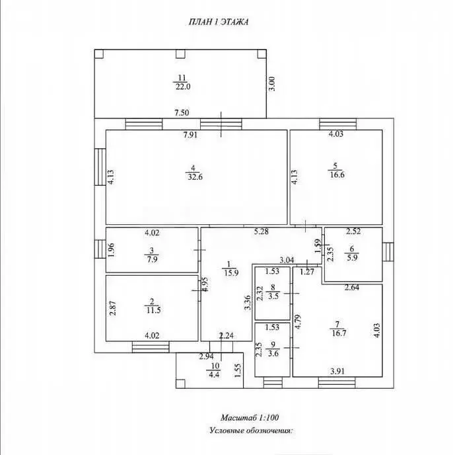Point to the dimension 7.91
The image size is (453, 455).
pos(191,136)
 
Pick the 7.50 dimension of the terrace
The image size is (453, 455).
pos(182,113)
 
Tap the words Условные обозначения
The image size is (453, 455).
pos(250,430)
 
